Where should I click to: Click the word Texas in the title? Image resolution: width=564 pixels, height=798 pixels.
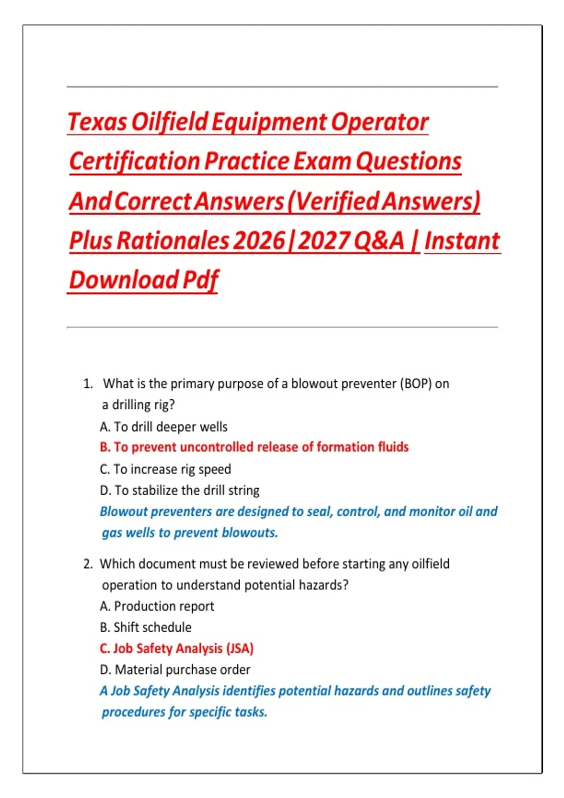click(97, 122)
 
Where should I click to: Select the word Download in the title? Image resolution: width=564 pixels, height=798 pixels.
click(124, 280)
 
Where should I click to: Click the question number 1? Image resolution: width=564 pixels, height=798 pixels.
click(88, 384)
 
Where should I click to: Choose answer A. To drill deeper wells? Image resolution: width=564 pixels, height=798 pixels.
click(164, 427)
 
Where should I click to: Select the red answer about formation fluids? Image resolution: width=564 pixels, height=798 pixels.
click(254, 447)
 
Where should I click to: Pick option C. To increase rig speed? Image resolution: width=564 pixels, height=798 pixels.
click(165, 469)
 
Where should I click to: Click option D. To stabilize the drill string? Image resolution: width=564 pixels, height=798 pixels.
click(180, 491)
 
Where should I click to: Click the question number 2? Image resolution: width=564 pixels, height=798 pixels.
click(88, 564)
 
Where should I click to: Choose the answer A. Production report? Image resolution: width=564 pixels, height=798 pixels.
click(157, 606)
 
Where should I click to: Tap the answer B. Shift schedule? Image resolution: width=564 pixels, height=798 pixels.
click(146, 627)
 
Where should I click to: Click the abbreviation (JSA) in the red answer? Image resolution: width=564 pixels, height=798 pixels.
click(240, 649)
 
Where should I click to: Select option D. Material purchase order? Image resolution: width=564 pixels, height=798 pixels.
click(175, 670)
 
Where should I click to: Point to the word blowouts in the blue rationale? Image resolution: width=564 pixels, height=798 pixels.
click(250, 533)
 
